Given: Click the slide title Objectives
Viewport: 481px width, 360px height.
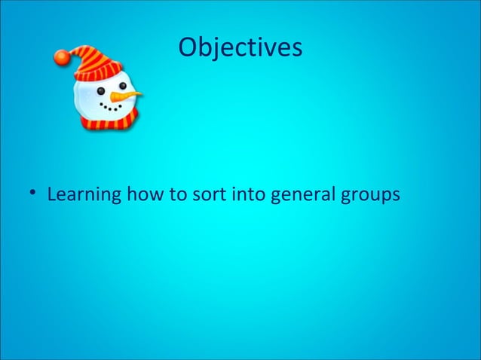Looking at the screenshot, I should tap(240, 47).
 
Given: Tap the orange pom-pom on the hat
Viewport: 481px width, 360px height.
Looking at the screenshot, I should tap(62, 55).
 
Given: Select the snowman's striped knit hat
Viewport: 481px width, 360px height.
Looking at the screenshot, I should tap(94, 60).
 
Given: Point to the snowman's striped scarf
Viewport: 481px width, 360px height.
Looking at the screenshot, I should tap(109, 121).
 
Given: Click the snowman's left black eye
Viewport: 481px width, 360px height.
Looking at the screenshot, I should tap(101, 92).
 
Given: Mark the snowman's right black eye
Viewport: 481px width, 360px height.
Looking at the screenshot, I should tap(122, 87).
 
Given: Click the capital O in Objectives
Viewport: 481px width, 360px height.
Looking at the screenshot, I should tap(188, 47).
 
